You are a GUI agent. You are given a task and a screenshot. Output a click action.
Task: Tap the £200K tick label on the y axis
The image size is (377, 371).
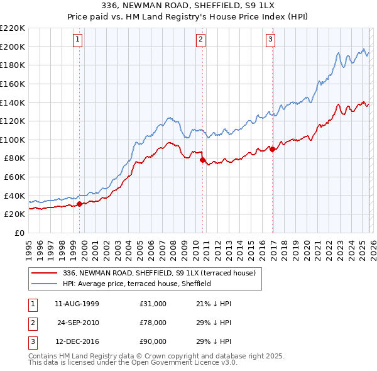pyautogui.click(x=13, y=47)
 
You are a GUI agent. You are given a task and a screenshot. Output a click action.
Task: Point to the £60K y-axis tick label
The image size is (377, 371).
pyautogui.click(x=14, y=177)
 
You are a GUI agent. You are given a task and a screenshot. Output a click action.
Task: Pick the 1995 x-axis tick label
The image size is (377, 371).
pyautogui.click(x=29, y=246)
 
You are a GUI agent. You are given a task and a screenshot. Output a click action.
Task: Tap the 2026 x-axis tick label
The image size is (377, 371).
pyautogui.click(x=371, y=246)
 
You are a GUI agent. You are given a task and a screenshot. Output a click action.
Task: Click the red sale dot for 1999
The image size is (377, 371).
pyautogui.click(x=80, y=204)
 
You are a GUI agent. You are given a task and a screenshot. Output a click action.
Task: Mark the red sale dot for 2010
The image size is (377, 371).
pyautogui.click(x=202, y=160)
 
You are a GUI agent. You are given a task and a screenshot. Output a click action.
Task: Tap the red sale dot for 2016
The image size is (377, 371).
pyautogui.click(x=272, y=149)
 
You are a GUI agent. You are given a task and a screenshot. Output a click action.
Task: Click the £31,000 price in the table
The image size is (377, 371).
pyautogui.click(x=153, y=303)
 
